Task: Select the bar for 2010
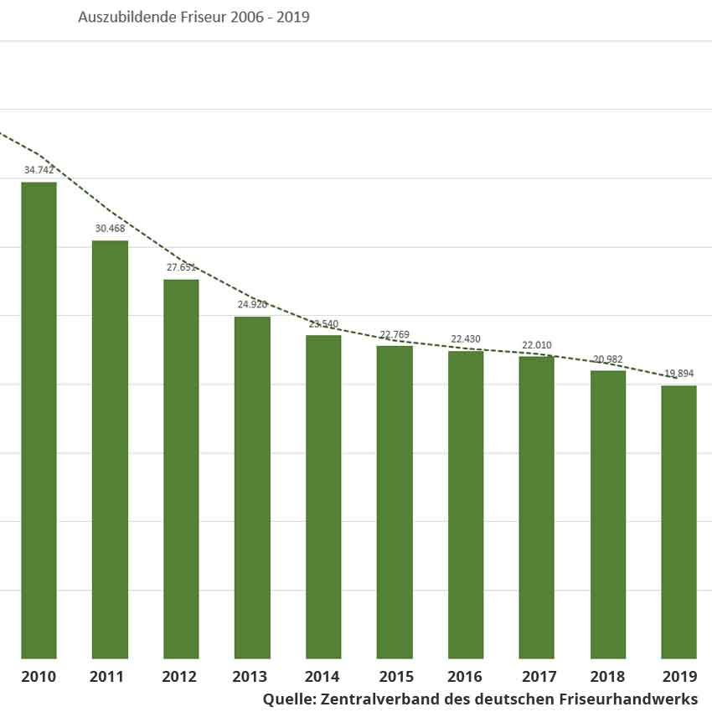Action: pos(39,419)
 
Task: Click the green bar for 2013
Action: pos(252,486)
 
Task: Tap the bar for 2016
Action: pos(466,503)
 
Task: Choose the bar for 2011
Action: pos(110,448)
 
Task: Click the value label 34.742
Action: pos(39,170)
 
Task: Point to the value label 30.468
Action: pos(110,229)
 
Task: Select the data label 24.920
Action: pos(252,304)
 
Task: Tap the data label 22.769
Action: pos(395,334)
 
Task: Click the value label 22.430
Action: pos(466,339)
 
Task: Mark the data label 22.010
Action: pos(537,345)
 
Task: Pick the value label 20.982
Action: pos(607,359)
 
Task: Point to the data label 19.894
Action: pos(678,374)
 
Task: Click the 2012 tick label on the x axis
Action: pos(181,677)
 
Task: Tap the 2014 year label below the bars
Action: pos(323,677)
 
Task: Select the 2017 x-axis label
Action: pos(537,677)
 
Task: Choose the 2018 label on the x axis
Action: pos(607,677)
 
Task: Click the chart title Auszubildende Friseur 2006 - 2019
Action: pos(194,17)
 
